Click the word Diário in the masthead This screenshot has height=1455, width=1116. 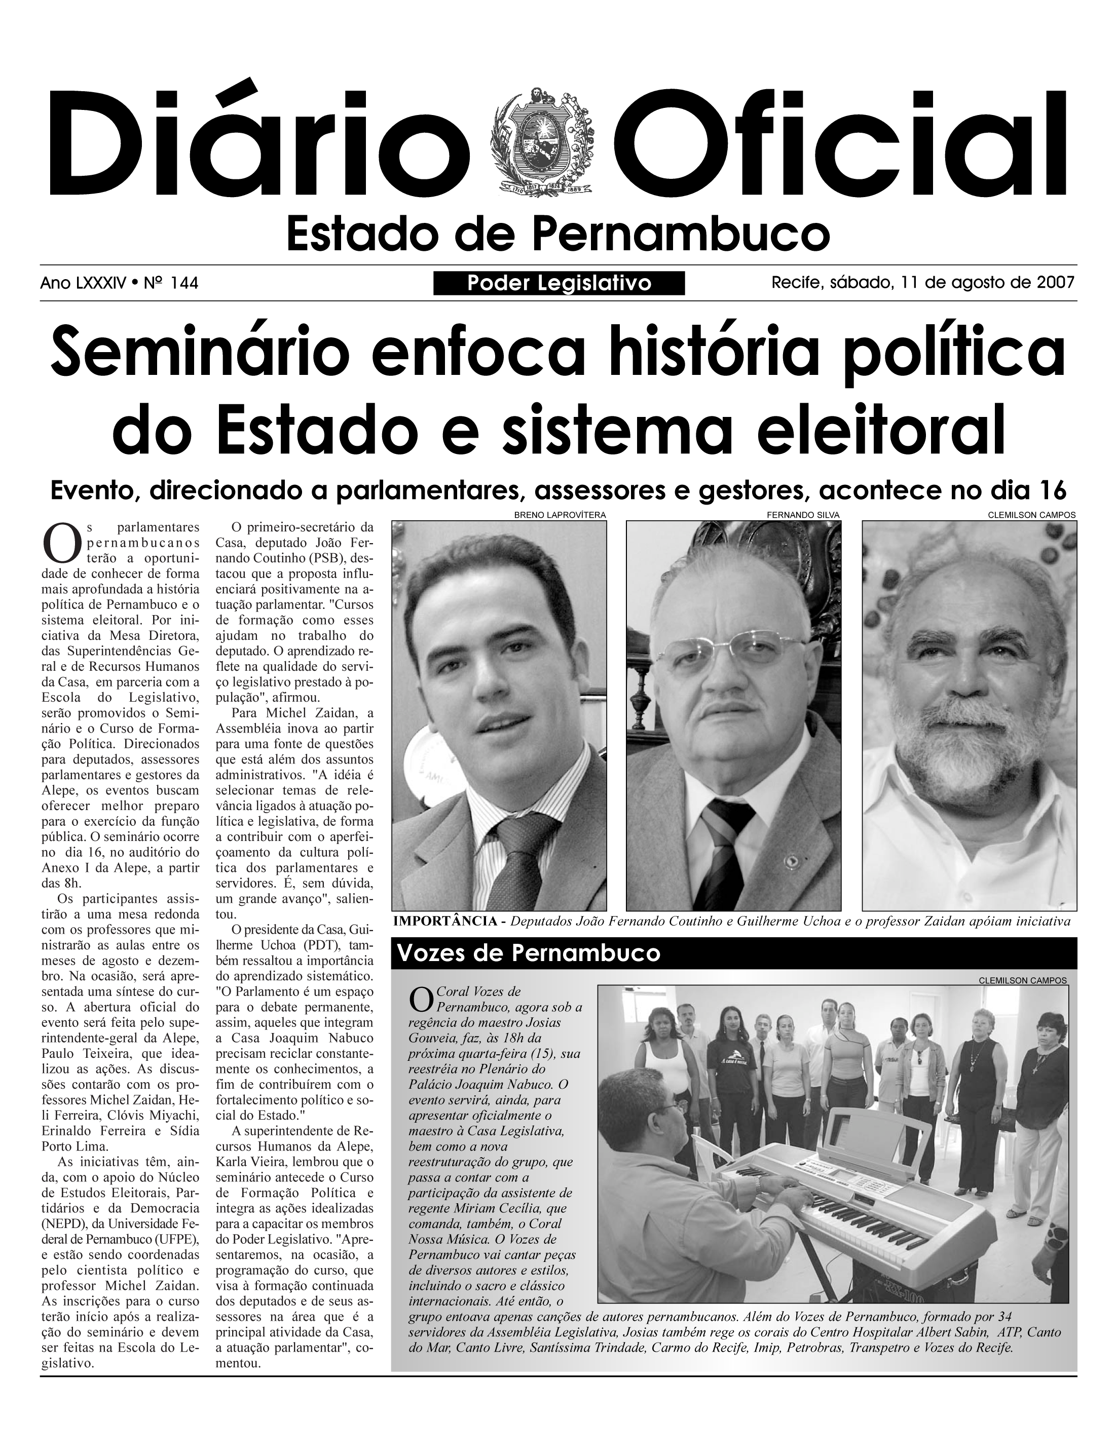(x=258, y=141)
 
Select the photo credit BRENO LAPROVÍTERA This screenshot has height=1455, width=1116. (x=560, y=515)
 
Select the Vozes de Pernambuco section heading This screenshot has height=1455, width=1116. (x=529, y=953)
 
